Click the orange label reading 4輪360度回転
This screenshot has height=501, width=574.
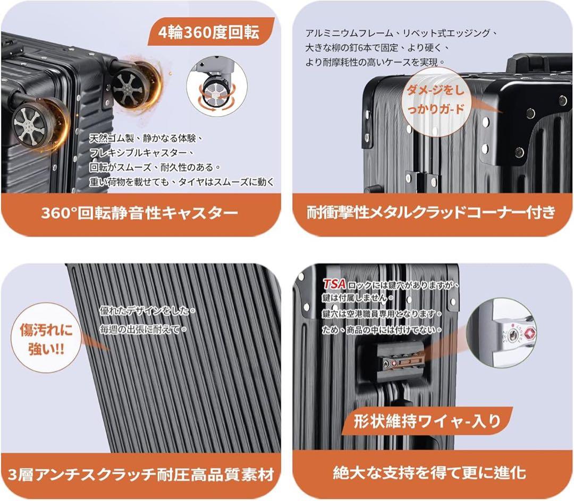(x=209, y=32)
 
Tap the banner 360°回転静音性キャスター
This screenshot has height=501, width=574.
(x=140, y=213)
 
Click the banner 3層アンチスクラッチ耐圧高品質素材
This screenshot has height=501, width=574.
(x=140, y=473)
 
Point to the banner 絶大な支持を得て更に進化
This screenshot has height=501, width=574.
(x=429, y=472)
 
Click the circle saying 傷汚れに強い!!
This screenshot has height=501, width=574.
(x=46, y=339)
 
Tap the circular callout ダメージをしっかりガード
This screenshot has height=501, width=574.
(x=435, y=100)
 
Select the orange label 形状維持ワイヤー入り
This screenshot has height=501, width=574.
(x=428, y=421)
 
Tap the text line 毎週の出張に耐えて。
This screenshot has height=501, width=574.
(x=143, y=330)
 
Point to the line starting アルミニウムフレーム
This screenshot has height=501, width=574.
(x=401, y=33)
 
